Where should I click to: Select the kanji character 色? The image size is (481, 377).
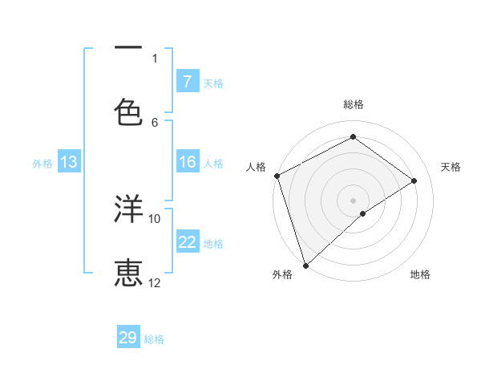128,112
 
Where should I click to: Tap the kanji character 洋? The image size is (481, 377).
128,209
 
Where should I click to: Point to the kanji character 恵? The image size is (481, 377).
128,273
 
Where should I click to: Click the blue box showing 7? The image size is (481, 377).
188,82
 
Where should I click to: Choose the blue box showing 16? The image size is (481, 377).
188,162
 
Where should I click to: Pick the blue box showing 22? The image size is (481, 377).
188,242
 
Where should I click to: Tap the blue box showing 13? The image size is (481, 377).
69,162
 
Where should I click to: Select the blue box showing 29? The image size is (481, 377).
128,338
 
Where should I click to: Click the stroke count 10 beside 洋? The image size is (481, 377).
155,218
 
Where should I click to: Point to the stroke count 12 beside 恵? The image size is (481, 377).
155,282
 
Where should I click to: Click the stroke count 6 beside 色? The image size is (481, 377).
155,122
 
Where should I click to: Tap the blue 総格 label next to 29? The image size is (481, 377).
154,339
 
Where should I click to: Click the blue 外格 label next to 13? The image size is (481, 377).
42,164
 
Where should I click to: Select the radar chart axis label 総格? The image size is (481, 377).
354,104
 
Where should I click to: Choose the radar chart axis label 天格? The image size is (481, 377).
451,167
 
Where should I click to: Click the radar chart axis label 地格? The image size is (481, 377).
420,274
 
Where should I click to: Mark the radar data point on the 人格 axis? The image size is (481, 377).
277,176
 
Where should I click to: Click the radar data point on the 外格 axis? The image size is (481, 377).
305,265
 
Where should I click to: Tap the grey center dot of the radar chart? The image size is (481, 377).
353,200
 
